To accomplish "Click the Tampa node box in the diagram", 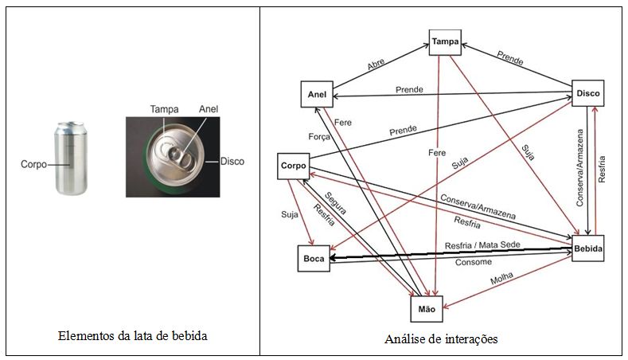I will (445, 41).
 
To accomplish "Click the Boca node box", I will (311, 258).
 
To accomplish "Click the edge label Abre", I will (376, 65).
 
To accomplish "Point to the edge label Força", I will (319, 136).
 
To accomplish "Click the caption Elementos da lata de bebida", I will (134, 336).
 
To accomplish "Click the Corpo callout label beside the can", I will (33, 165).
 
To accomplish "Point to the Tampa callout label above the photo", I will (164, 109).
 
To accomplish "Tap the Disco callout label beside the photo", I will (232, 161).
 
